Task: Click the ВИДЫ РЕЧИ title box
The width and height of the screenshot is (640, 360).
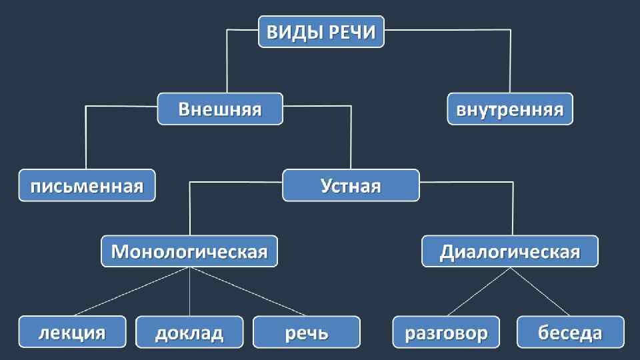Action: click(x=321, y=32)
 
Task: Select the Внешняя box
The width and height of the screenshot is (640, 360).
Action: click(x=220, y=109)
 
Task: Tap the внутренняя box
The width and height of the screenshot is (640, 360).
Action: click(x=509, y=109)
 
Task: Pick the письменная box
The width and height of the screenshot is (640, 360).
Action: click(x=87, y=185)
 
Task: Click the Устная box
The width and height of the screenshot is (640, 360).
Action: click(x=351, y=185)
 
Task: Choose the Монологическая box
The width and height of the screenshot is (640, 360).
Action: click(x=189, y=252)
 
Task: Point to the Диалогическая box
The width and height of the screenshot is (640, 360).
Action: click(x=510, y=252)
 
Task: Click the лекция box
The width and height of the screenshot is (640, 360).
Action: click(x=72, y=332)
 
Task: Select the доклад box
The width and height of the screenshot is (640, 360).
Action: click(x=189, y=332)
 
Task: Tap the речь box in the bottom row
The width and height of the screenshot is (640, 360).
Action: click(x=307, y=332)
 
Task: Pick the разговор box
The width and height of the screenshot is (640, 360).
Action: click(x=445, y=332)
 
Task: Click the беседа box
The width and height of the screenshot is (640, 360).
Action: click(x=571, y=332)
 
